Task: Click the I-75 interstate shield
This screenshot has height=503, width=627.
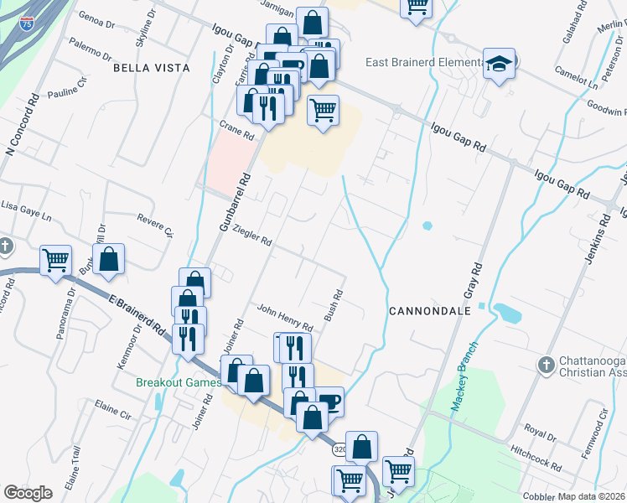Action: [27, 23]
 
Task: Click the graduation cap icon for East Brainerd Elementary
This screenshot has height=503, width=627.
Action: [499, 63]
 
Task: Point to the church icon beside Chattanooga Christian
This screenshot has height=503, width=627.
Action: [546, 366]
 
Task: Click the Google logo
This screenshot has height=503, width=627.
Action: [28, 493]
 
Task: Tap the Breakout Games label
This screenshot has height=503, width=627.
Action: [179, 383]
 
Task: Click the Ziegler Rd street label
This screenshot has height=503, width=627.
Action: [251, 234]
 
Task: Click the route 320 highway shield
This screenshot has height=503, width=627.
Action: [339, 450]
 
